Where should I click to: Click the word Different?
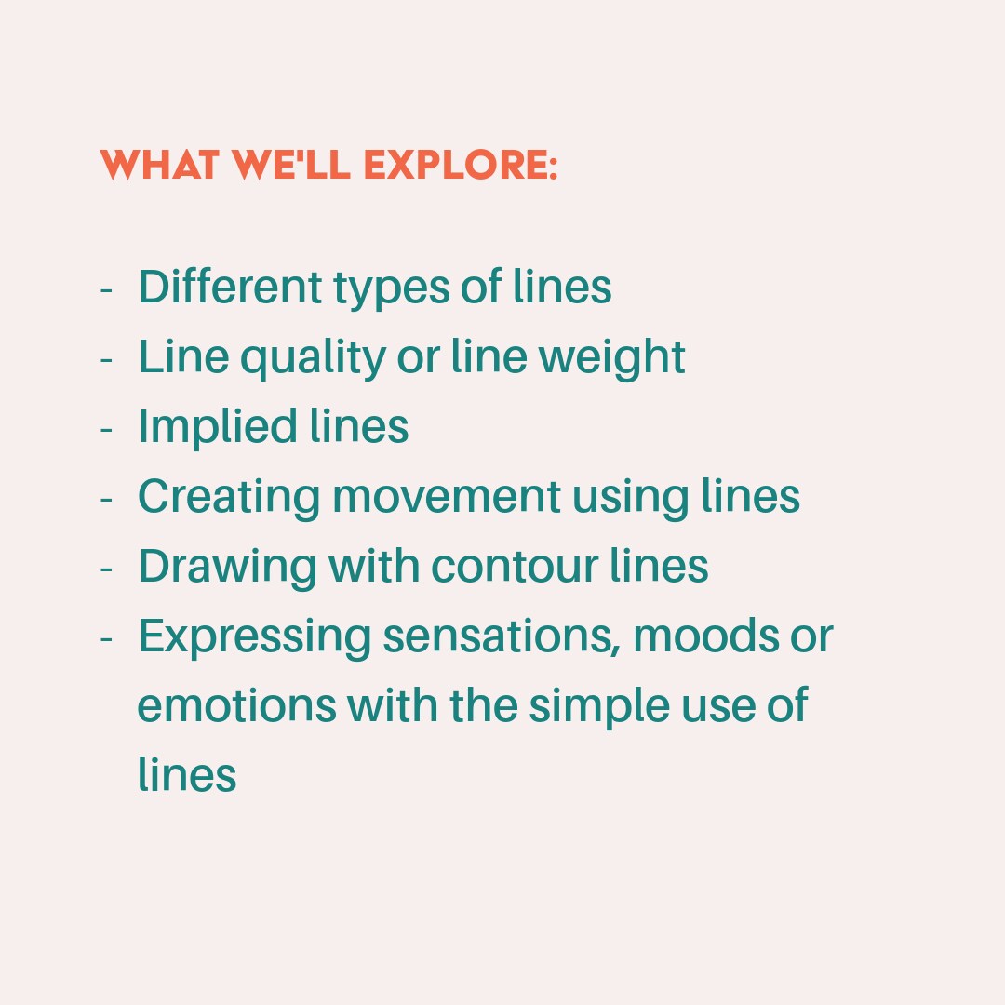click(221, 287)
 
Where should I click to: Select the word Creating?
click(228, 497)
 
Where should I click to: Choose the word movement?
click(447, 497)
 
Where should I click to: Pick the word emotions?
click(236, 705)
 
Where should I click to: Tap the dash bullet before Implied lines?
click(106, 429)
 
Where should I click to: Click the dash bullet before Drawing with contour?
click(106, 569)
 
